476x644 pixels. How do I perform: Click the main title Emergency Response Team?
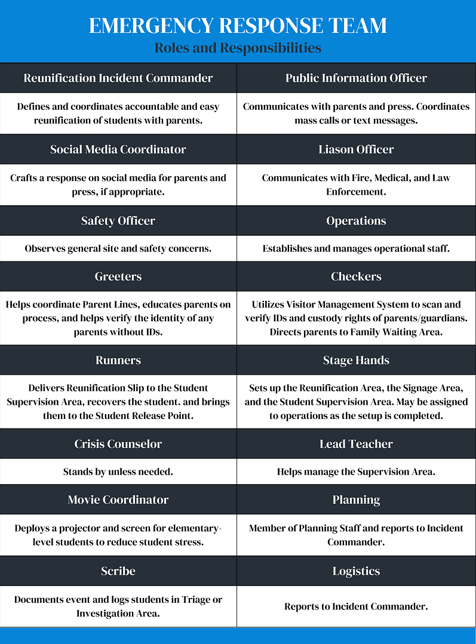(x=238, y=26)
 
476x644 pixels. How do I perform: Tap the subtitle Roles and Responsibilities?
(x=238, y=48)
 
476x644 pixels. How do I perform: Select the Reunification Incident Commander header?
(x=118, y=78)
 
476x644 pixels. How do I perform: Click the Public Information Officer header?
(x=356, y=78)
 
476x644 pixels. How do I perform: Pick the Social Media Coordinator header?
(x=118, y=149)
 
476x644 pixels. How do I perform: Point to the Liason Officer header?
(x=356, y=149)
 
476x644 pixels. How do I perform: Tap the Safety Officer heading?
(x=118, y=221)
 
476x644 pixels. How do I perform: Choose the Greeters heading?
(x=118, y=276)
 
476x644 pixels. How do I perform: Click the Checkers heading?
(x=356, y=276)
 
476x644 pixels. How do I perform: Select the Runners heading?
(x=118, y=360)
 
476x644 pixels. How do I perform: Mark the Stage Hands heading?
(x=356, y=360)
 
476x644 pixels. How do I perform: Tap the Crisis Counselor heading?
(x=118, y=444)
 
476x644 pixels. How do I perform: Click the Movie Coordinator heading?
(x=118, y=500)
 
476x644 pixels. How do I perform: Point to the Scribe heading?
(x=118, y=571)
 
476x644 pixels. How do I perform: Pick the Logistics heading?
(x=356, y=571)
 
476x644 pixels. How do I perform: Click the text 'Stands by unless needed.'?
(x=118, y=472)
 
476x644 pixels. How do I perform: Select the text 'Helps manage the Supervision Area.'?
(x=356, y=472)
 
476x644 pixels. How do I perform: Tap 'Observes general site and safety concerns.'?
(x=118, y=248)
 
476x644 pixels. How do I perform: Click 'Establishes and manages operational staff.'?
(x=356, y=248)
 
